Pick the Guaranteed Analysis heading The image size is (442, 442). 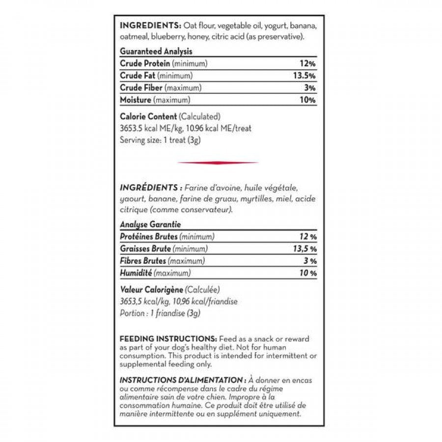click(156, 51)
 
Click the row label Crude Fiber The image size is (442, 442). click(141, 88)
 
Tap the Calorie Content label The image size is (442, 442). click(148, 116)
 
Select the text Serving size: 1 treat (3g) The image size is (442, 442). click(160, 139)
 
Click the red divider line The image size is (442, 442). click(218, 163)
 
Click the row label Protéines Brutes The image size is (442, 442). click(149, 237)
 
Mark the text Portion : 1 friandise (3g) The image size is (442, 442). click(161, 313)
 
